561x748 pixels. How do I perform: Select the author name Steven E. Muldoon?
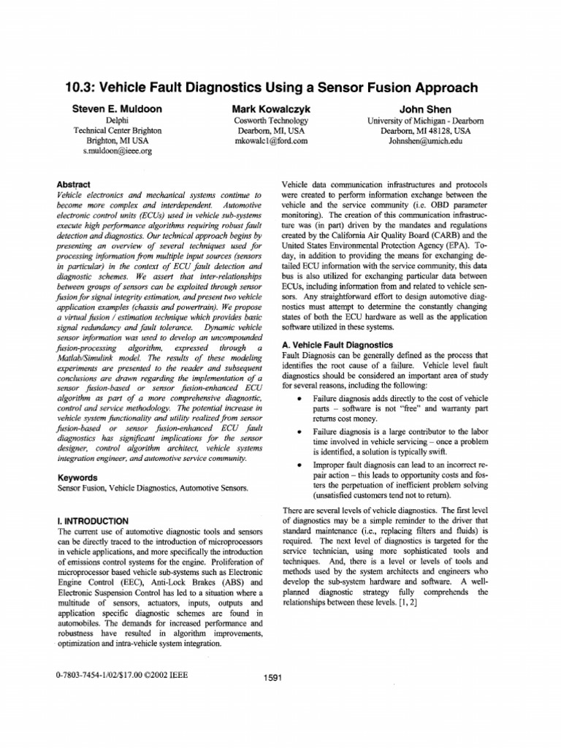click(x=117, y=109)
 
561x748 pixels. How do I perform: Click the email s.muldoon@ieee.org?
click(x=118, y=150)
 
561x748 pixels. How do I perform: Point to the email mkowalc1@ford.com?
click(x=270, y=140)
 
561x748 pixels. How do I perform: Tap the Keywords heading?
click(x=77, y=478)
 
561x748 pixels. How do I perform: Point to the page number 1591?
click(x=274, y=677)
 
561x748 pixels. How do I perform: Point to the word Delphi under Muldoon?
click(x=118, y=120)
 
